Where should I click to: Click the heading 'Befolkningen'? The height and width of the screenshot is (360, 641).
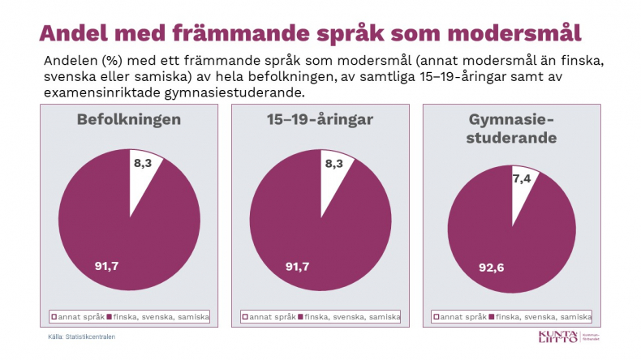(128, 120)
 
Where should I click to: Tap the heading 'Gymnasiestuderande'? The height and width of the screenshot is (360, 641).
(511, 129)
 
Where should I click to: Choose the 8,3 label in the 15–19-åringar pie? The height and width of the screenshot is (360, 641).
(333, 164)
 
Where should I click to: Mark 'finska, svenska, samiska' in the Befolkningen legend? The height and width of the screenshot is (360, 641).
(170, 316)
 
